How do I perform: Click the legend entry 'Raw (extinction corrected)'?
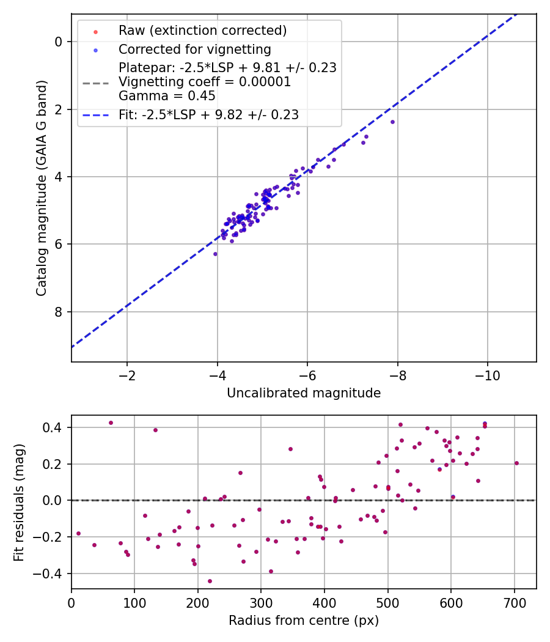pyautogui.click(x=202, y=31)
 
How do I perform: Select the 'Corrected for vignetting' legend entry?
pyautogui.click(x=194, y=49)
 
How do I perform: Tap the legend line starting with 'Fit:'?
pyautogui.click(x=208, y=115)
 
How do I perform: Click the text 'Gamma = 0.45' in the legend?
pyautogui.click(x=167, y=95)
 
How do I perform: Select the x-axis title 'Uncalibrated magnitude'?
pyautogui.click(x=304, y=393)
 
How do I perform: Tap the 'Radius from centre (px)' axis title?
pyautogui.click(x=304, y=621)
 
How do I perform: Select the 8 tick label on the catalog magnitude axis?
pyautogui.click(x=59, y=312)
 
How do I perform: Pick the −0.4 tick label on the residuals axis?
pyautogui.click(x=51, y=574)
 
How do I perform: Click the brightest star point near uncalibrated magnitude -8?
pyautogui.click(x=392, y=122)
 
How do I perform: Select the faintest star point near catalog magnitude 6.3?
pyautogui.click(x=215, y=254)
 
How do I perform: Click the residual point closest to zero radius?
pyautogui.click(x=78, y=533)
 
